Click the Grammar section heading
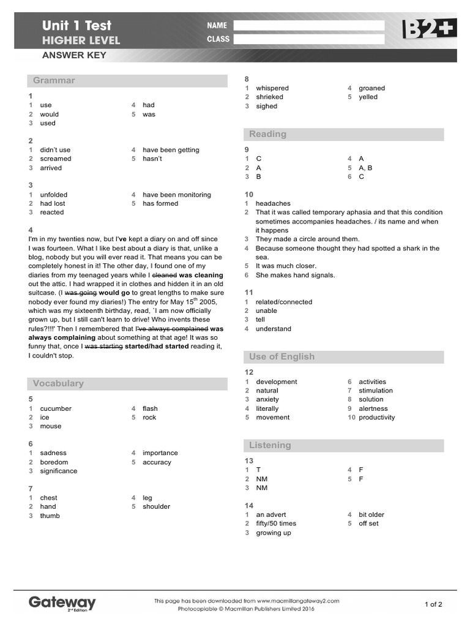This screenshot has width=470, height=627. click(x=54, y=80)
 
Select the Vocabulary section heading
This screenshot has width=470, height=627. click(x=58, y=383)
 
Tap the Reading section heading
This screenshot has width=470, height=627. click(x=267, y=134)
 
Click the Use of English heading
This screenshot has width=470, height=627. click(x=282, y=356)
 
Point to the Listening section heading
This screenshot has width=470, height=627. click(x=270, y=445)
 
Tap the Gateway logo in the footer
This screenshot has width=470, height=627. click(x=62, y=603)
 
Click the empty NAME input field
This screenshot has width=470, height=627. click(x=308, y=25)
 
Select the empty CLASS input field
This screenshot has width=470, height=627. click(x=308, y=39)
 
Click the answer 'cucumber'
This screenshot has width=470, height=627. click(x=56, y=408)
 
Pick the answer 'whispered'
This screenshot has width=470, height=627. click(x=272, y=88)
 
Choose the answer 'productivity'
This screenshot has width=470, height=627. click(x=377, y=418)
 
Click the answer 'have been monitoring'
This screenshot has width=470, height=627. click(x=177, y=195)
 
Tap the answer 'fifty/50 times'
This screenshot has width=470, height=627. click(x=276, y=524)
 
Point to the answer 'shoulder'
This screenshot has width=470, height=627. click(x=157, y=506)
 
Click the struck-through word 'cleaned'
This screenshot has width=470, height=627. click(x=164, y=275)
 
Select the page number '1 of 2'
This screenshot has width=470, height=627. click(x=433, y=604)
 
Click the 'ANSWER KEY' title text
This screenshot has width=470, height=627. click(x=74, y=55)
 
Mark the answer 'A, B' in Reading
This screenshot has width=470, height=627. click(x=365, y=168)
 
